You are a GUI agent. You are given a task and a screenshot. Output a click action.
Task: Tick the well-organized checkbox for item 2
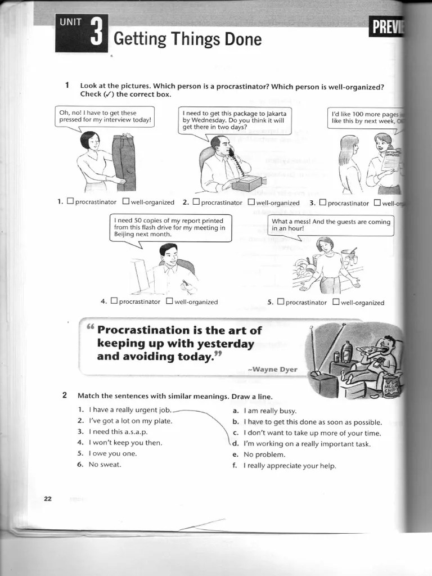pos(251,202)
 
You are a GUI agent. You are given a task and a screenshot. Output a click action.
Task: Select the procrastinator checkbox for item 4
pos(114,301)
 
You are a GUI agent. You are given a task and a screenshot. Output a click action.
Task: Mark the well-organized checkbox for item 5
pos(336,301)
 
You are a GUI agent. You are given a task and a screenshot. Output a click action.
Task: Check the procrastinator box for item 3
pos(322,202)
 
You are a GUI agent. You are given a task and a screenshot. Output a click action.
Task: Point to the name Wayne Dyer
pos(275,369)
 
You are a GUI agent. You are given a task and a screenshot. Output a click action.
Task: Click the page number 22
pos(48,498)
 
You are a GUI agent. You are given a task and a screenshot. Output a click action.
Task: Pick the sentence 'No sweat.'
pos(105,465)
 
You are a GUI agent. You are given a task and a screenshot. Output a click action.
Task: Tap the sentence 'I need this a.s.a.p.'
pos(118,432)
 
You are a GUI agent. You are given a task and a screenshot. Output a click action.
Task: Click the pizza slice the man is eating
pos(368,350)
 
